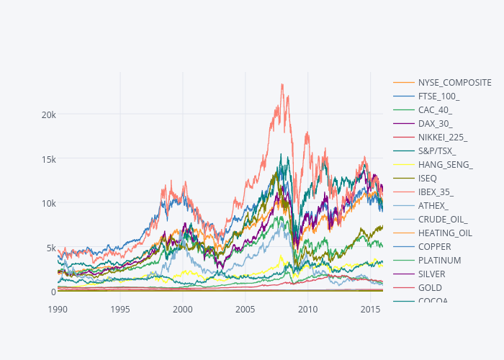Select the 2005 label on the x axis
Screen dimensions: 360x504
pos(246,309)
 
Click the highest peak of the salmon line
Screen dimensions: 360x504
pos(282,84)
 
